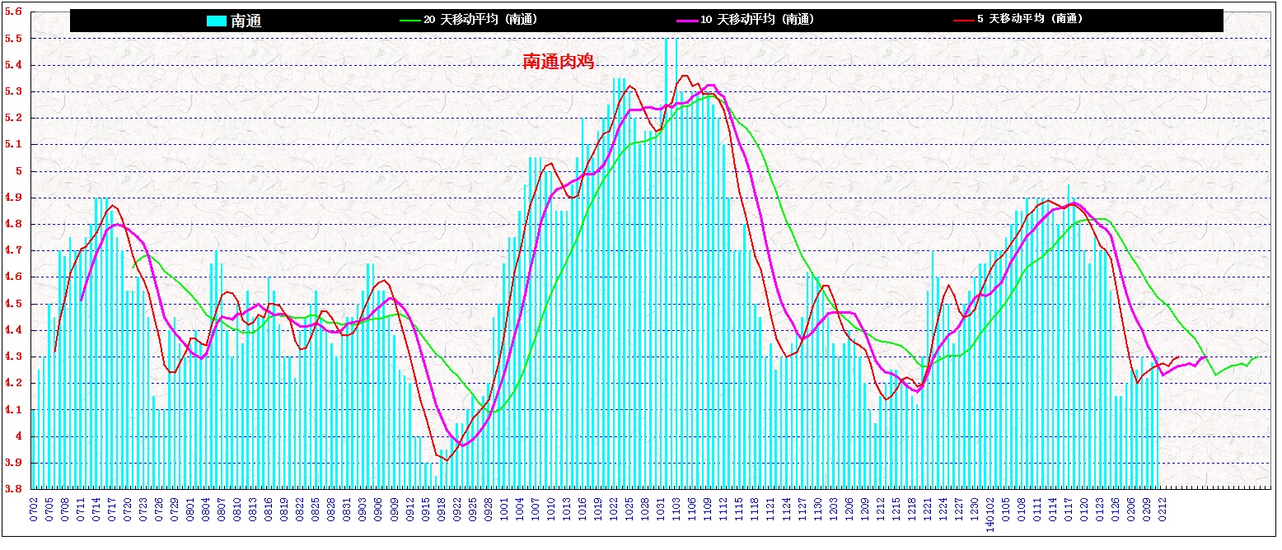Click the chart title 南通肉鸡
click(559, 62)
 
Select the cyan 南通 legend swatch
click(216, 21)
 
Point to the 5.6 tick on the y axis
click(13, 12)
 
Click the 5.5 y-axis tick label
click(13, 39)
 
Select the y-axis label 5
click(17, 171)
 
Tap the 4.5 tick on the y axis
click(13, 304)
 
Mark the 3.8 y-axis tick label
click(13, 489)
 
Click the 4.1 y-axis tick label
click(13, 410)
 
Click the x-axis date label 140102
click(990, 511)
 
